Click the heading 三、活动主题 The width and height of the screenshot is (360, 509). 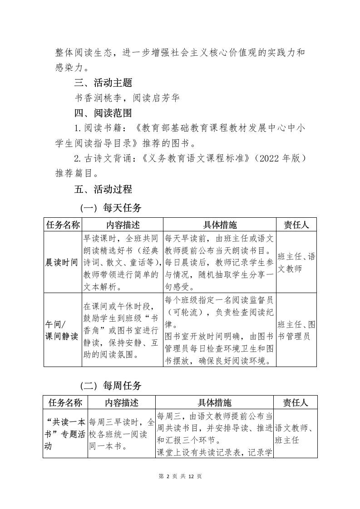coord(103,83)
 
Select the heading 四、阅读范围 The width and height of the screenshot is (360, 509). coord(103,113)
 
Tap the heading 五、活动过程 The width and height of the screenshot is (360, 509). coord(103,189)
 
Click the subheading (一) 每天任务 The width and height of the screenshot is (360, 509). coord(111,208)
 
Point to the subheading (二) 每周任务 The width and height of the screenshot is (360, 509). coord(111,386)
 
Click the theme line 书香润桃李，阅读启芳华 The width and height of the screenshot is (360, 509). coord(127,98)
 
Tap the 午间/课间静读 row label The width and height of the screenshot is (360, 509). coord(62,330)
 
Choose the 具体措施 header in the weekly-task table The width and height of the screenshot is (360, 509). coord(214,402)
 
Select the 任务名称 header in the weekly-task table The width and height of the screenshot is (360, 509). coord(65,402)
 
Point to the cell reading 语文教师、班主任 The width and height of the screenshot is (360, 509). coord(295,434)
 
